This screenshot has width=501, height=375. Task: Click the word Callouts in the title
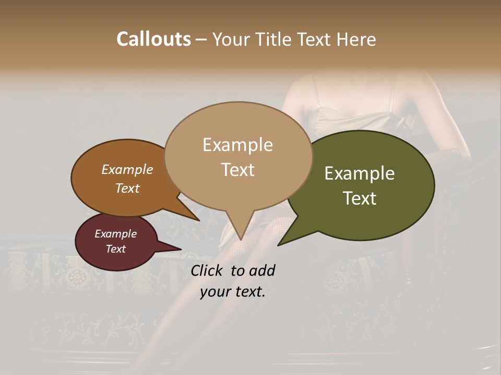[x=153, y=39]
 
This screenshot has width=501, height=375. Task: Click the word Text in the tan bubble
[x=237, y=169]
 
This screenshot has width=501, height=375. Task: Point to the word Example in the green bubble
[x=360, y=173]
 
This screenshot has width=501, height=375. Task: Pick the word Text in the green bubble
[x=360, y=198]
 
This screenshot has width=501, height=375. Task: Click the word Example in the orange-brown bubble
[x=127, y=169]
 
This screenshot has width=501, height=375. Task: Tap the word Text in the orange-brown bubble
[x=127, y=188]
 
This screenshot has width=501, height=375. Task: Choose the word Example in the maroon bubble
[x=116, y=234]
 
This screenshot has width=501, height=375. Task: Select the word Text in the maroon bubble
[x=116, y=249]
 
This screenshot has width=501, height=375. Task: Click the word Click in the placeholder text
[x=207, y=270]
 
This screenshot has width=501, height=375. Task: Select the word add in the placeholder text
[x=262, y=270]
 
